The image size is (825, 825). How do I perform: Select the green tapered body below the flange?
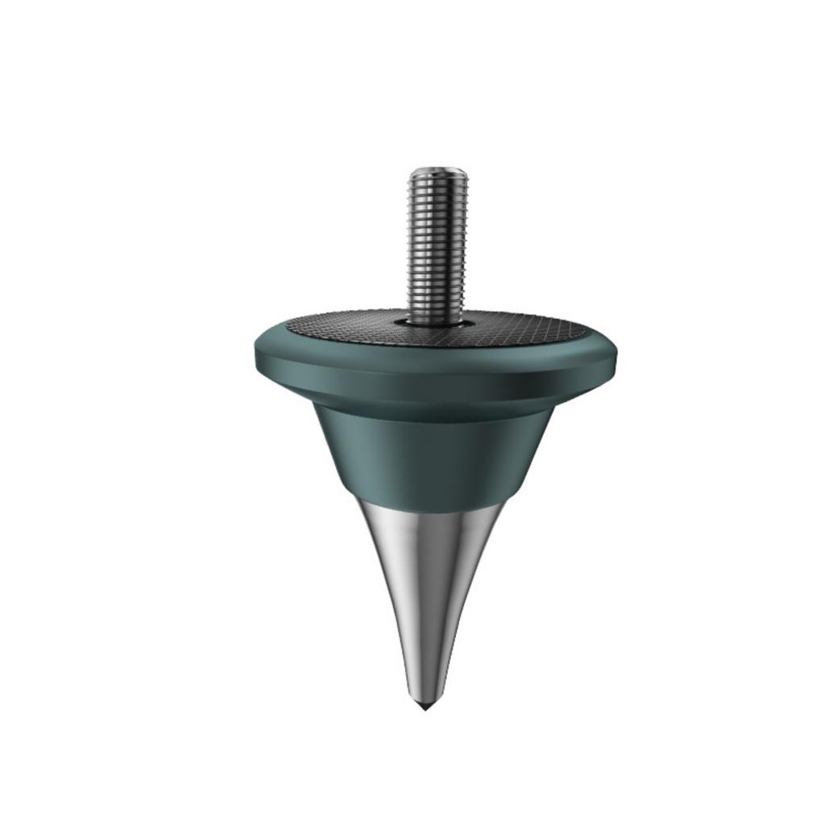point(436,451)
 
